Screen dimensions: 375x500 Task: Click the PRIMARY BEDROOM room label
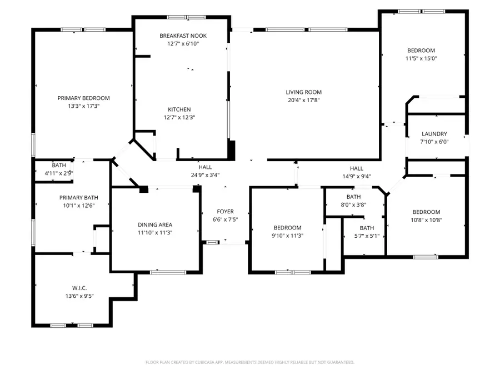[x=83, y=98]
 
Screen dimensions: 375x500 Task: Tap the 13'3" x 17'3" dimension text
[x=83, y=106]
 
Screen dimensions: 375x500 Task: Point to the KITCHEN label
[x=179, y=109]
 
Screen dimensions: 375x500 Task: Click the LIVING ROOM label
[x=303, y=92]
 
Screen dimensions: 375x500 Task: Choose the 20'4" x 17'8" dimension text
[x=303, y=100]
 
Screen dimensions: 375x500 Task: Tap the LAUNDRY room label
[x=434, y=134]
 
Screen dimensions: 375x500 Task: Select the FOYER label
[x=225, y=212]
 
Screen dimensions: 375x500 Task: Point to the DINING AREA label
[x=155, y=225]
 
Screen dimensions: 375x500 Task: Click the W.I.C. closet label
[x=79, y=288]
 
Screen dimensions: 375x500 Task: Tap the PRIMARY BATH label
[x=79, y=198]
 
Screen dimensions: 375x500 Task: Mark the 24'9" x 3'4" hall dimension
[x=205, y=175]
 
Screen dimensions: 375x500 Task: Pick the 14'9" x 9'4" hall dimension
[x=356, y=176]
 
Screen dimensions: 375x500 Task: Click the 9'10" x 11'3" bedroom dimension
[x=287, y=236]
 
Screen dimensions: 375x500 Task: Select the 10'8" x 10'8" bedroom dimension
[x=426, y=219]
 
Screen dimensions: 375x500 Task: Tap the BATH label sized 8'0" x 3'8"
[x=353, y=197]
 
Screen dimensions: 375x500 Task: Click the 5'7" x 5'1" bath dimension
[x=367, y=236]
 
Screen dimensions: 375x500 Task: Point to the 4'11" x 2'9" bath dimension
[x=59, y=173]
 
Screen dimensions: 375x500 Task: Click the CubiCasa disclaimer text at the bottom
[x=249, y=362]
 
